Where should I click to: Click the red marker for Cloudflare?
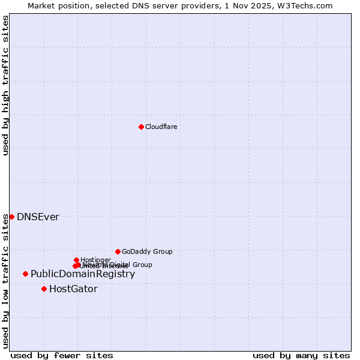pyautogui.click(x=141, y=127)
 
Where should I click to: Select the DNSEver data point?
pyautogui.click(x=11, y=217)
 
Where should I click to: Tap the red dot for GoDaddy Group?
pyautogui.click(x=118, y=251)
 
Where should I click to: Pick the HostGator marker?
pyautogui.click(x=44, y=289)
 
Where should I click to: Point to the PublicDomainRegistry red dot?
pyautogui.click(x=25, y=274)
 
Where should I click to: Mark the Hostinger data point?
pyautogui.click(x=76, y=260)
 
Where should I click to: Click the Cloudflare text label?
pyautogui.click(x=161, y=127)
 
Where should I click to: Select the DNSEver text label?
pyautogui.click(x=38, y=217)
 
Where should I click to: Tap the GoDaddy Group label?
pyautogui.click(x=147, y=251)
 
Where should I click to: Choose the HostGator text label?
pyautogui.click(x=73, y=289)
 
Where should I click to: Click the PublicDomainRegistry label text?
pyautogui.click(x=83, y=274)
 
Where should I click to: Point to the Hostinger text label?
pyautogui.click(x=95, y=260)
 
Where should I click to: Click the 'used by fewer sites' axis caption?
pyautogui.click(x=62, y=355)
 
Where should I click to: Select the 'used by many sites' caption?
pyautogui.click(x=301, y=355)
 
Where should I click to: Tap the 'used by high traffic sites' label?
pyautogui.click(x=5, y=85)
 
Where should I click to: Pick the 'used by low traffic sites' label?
pyautogui.click(x=5, y=280)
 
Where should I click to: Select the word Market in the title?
pyautogui.click(x=41, y=5)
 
